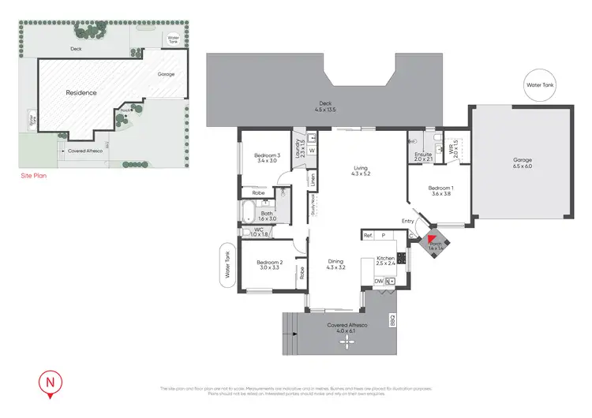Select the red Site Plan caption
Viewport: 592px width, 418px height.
tap(33, 176)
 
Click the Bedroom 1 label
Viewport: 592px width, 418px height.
tap(440, 191)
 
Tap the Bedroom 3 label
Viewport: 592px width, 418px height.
tap(265, 158)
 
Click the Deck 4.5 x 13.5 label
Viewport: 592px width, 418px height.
tap(324, 106)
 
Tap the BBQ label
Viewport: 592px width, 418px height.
tap(392, 321)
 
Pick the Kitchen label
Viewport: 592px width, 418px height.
tap(385, 260)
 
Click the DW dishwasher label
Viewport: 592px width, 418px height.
tap(378, 281)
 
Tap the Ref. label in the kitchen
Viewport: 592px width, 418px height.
tap(368, 235)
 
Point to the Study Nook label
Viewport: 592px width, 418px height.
tap(313, 207)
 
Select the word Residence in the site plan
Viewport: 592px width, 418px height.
tap(81, 92)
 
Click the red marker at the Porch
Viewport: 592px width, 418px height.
tap(432, 240)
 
